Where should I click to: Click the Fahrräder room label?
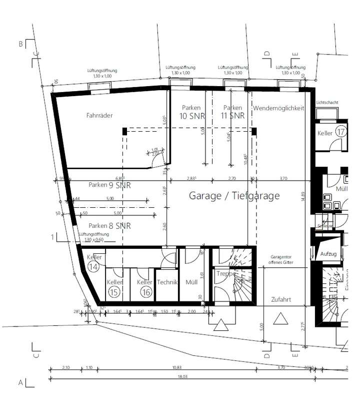point(99,116)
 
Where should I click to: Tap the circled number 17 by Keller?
point(341,133)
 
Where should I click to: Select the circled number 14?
point(93,267)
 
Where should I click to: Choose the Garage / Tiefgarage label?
point(234,196)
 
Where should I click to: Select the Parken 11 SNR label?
point(232,112)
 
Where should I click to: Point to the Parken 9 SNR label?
point(109,185)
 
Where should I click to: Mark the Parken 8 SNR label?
point(109,226)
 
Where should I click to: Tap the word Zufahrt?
point(281,300)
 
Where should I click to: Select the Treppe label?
point(226,274)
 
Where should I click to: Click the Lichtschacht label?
point(327,103)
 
